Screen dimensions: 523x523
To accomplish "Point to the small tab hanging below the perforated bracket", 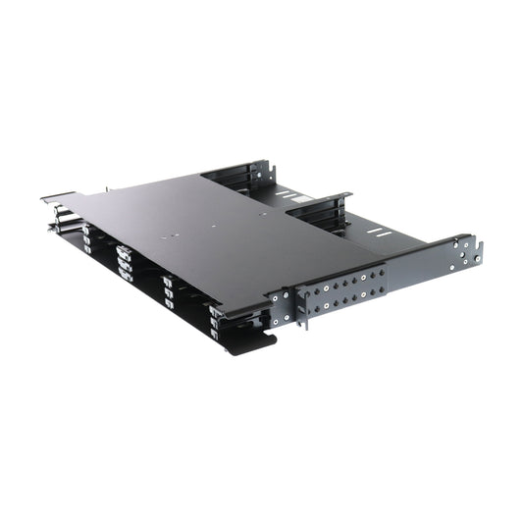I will [305, 320].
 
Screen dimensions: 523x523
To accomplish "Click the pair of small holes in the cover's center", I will [175, 235].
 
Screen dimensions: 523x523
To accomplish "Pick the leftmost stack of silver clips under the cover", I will [87, 238].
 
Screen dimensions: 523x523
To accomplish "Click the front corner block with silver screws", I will [279, 299].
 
